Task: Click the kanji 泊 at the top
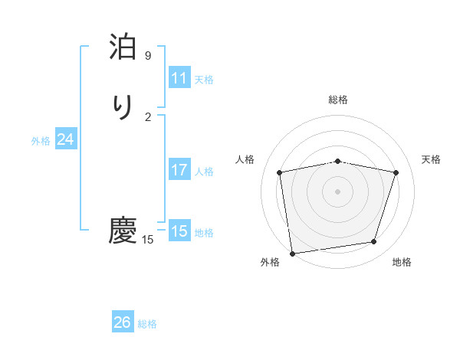tap(123, 48)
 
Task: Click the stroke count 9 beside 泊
tap(148, 56)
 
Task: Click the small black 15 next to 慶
tap(148, 240)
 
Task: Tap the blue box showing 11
tap(179, 78)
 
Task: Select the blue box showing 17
tap(179, 170)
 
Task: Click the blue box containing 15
tap(179, 231)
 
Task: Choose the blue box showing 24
tap(66, 139)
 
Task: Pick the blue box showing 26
tap(123, 322)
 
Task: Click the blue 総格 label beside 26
tap(147, 324)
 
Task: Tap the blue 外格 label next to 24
tap(41, 141)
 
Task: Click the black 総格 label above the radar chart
tap(338, 100)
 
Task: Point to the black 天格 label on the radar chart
tap(431, 159)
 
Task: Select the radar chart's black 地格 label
tap(402, 262)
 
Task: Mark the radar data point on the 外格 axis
tap(292, 252)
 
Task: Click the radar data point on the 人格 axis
tap(280, 172)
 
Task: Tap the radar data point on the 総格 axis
tap(338, 161)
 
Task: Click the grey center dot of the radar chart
tap(338, 191)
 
